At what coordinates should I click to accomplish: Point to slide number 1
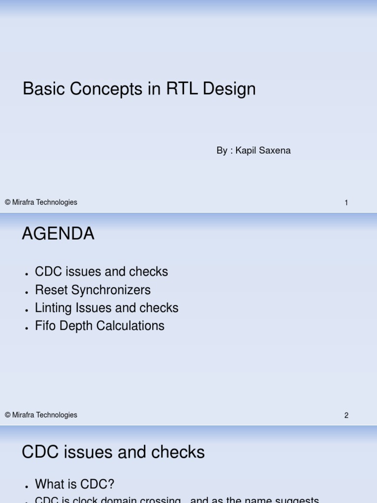point(346,203)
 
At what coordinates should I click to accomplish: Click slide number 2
point(346,416)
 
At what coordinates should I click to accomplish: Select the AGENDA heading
point(58,234)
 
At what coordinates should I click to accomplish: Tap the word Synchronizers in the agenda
point(111,290)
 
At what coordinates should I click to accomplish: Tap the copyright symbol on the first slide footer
point(8,202)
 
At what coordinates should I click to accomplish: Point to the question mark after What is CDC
point(111,484)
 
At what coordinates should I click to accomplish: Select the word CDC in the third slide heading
point(41,452)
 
